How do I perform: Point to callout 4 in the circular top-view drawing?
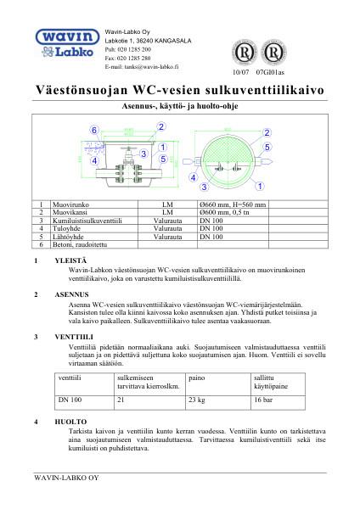[x=194, y=178]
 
